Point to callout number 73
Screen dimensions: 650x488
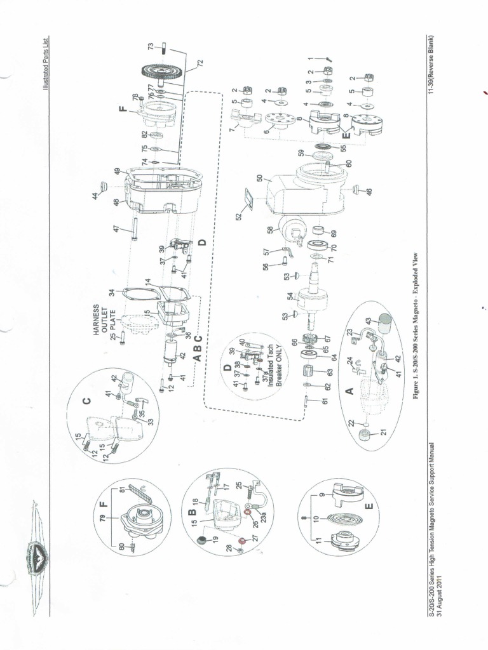151,46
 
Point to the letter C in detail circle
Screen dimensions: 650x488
88,400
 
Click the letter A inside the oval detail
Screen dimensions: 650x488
348,391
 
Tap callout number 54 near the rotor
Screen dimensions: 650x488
290,296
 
